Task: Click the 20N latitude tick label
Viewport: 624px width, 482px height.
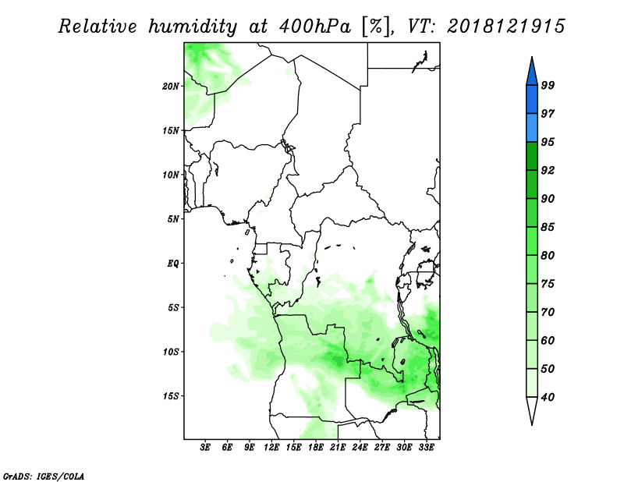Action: click(x=172, y=86)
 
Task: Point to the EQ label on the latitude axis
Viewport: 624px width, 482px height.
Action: click(x=173, y=264)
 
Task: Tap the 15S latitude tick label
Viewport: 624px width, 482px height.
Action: click(x=172, y=396)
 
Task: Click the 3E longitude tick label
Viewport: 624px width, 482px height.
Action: click(x=206, y=448)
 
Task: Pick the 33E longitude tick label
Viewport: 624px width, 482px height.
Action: click(x=427, y=448)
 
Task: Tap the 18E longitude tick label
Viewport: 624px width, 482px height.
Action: click(x=316, y=448)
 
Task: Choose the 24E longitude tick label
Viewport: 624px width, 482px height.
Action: click(x=360, y=448)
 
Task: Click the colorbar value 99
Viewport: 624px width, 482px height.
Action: click(x=548, y=86)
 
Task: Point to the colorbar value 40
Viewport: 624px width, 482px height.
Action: click(x=548, y=398)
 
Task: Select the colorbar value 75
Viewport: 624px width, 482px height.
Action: click(x=548, y=285)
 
